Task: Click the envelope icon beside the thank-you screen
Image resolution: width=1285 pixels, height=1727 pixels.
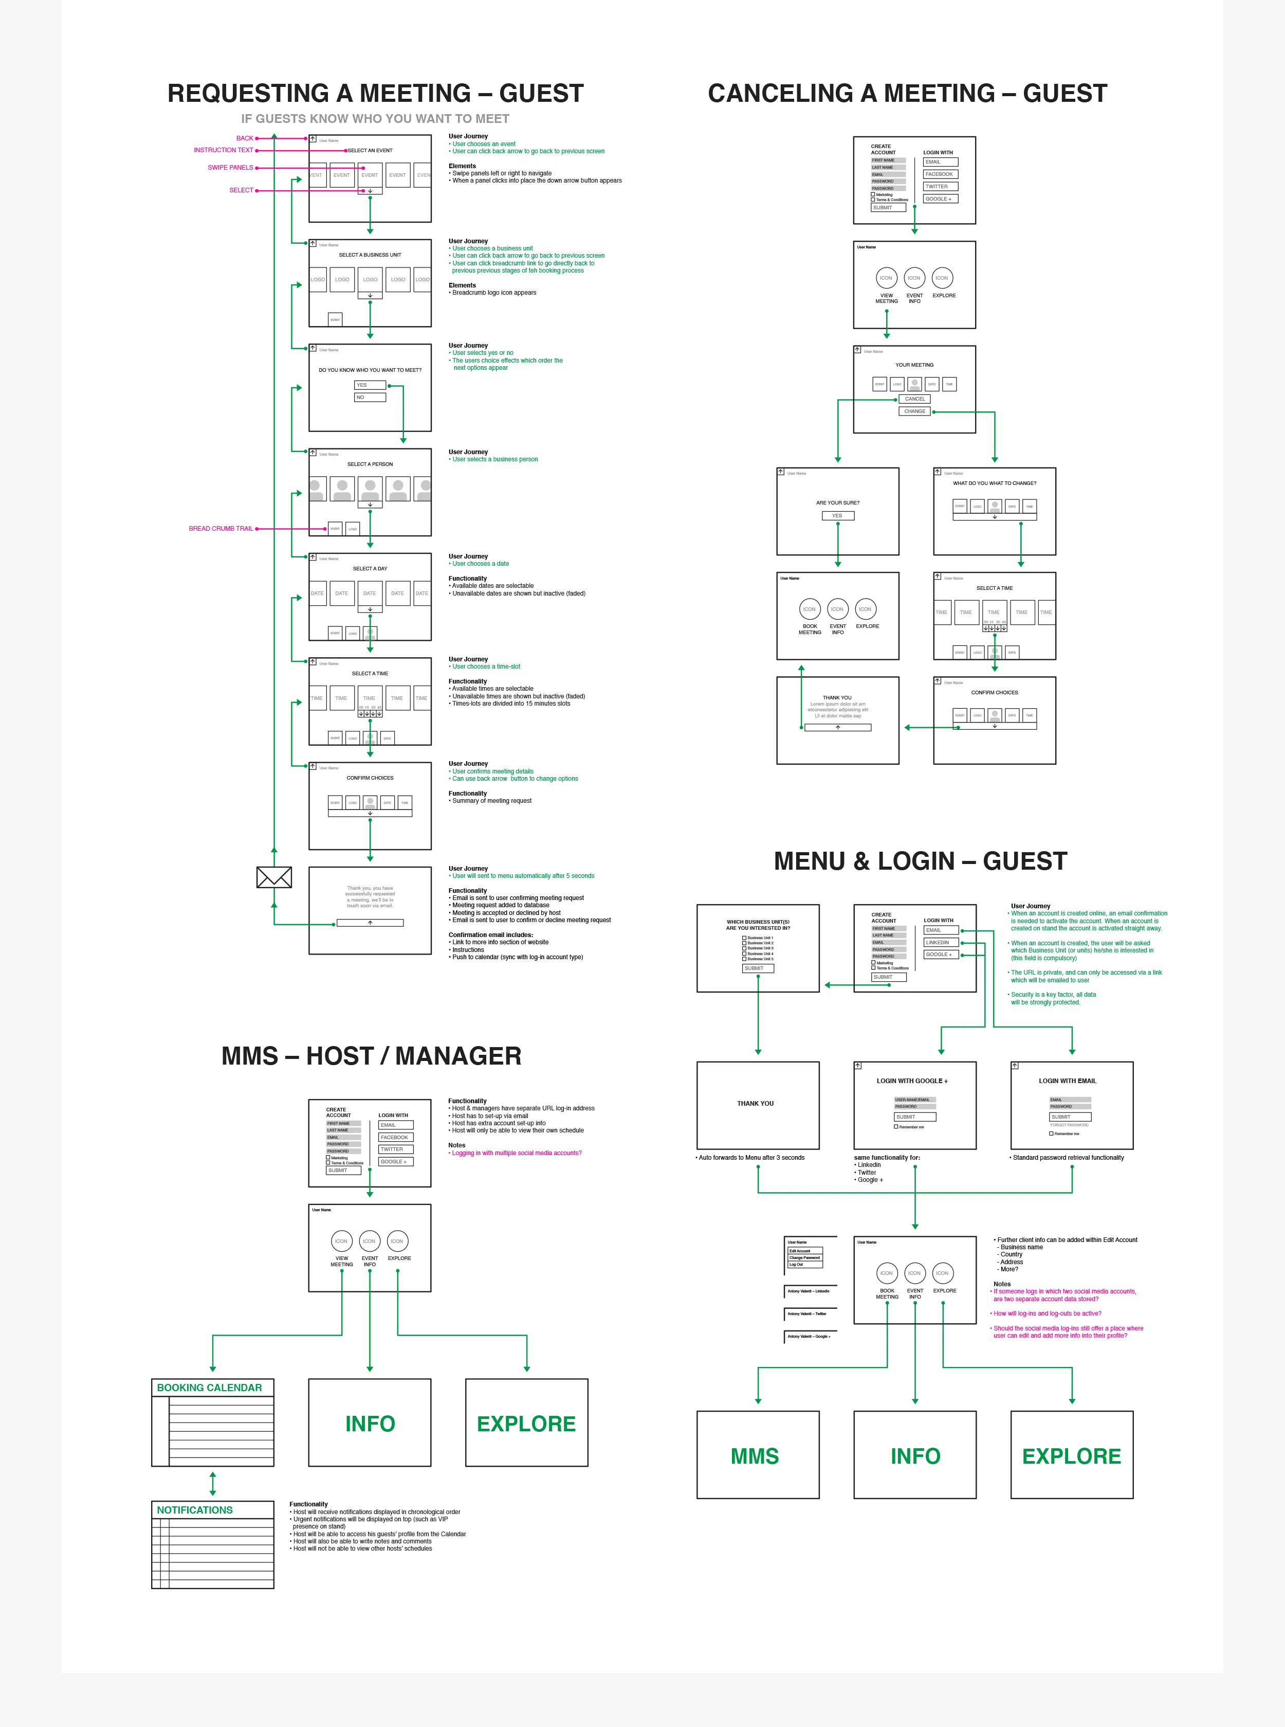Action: click(274, 877)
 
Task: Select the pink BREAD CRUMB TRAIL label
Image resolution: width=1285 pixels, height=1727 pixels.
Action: click(221, 529)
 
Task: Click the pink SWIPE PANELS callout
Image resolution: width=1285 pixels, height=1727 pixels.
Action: click(230, 167)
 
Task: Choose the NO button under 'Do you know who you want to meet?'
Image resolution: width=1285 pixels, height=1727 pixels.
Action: click(370, 398)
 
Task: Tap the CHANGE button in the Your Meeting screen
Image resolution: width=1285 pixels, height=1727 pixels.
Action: click(915, 411)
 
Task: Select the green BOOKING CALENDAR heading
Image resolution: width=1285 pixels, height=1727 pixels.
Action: click(209, 1388)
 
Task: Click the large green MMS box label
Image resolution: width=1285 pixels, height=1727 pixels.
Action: click(755, 1456)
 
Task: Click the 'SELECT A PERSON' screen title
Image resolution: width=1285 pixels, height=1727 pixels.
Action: click(370, 464)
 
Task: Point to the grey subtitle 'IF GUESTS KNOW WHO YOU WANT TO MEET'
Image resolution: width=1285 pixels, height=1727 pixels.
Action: click(375, 118)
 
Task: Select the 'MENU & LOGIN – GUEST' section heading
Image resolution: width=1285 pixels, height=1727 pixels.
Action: click(920, 861)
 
